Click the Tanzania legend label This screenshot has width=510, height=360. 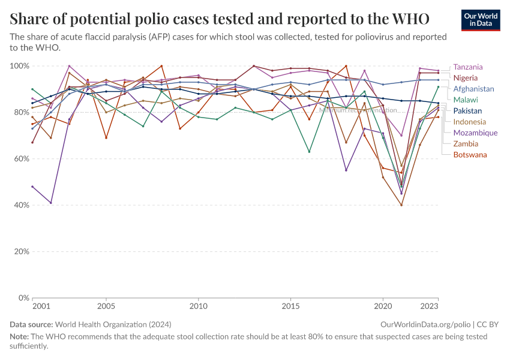coord(468,67)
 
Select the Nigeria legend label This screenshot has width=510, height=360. coord(466,78)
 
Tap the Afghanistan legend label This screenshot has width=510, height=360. coord(473,89)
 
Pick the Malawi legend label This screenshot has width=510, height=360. coord(466,100)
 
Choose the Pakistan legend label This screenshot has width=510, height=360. coord(468,111)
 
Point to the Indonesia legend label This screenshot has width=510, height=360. coord(470,122)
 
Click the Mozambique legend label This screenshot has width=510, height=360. coord(475,133)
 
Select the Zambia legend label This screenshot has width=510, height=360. coord(466,143)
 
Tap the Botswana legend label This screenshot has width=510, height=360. coord(470,155)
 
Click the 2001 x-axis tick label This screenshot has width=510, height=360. coord(41,307)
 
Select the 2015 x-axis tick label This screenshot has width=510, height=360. coord(290,307)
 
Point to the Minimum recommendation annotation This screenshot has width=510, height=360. coord(358,110)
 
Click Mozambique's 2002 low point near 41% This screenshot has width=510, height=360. coord(51,203)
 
